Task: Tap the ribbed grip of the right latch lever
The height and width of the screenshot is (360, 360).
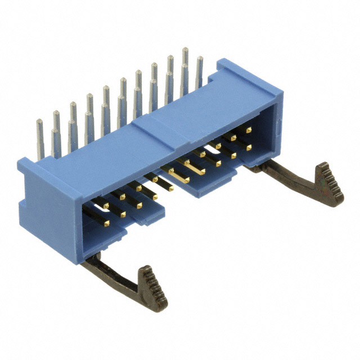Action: click(329, 183)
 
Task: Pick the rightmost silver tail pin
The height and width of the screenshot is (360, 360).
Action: click(199, 73)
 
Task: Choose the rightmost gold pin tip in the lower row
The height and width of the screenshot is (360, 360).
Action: click(248, 147)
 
